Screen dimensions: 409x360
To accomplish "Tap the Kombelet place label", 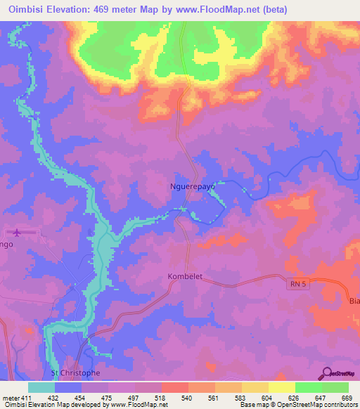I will pos(185,276).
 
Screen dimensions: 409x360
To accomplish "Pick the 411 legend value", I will pos(27,398).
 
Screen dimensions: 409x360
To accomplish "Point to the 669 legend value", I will pos(347,398).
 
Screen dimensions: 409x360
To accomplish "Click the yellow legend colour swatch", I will pos(281,387).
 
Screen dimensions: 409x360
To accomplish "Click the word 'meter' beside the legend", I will pos(11,398).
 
